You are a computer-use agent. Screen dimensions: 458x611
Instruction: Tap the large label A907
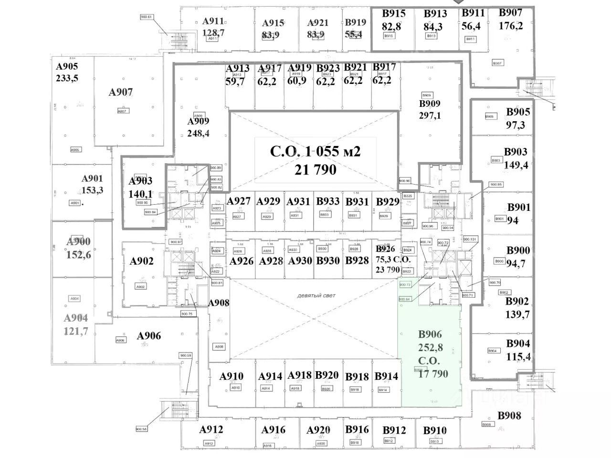tap(121, 92)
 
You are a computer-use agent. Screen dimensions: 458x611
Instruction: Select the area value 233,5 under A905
tap(67, 79)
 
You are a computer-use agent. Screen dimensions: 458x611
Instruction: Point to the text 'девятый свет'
tap(316, 295)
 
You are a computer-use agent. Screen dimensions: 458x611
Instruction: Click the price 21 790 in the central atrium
tap(315, 169)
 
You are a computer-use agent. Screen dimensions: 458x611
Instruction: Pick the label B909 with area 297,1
tap(430, 104)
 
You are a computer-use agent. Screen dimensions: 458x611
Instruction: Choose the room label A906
tap(149, 336)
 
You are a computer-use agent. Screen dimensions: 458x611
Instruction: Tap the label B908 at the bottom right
tap(509, 416)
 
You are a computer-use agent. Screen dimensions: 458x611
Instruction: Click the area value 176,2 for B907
tap(511, 26)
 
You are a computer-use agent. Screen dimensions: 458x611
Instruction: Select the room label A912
tap(211, 429)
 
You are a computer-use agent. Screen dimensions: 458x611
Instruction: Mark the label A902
tap(142, 261)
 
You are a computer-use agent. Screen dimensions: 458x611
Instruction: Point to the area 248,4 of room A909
tap(198, 133)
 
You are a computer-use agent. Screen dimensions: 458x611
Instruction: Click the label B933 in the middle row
tap(327, 202)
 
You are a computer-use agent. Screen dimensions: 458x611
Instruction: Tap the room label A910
tap(232, 376)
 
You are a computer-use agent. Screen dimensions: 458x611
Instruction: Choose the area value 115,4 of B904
tap(518, 356)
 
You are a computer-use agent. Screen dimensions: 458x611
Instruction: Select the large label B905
tap(518, 112)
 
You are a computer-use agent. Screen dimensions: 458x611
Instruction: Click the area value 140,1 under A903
tap(140, 194)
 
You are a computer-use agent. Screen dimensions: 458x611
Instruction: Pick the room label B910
tap(435, 430)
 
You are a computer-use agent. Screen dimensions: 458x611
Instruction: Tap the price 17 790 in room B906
tap(433, 374)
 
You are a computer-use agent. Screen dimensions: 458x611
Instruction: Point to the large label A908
tap(219, 302)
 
